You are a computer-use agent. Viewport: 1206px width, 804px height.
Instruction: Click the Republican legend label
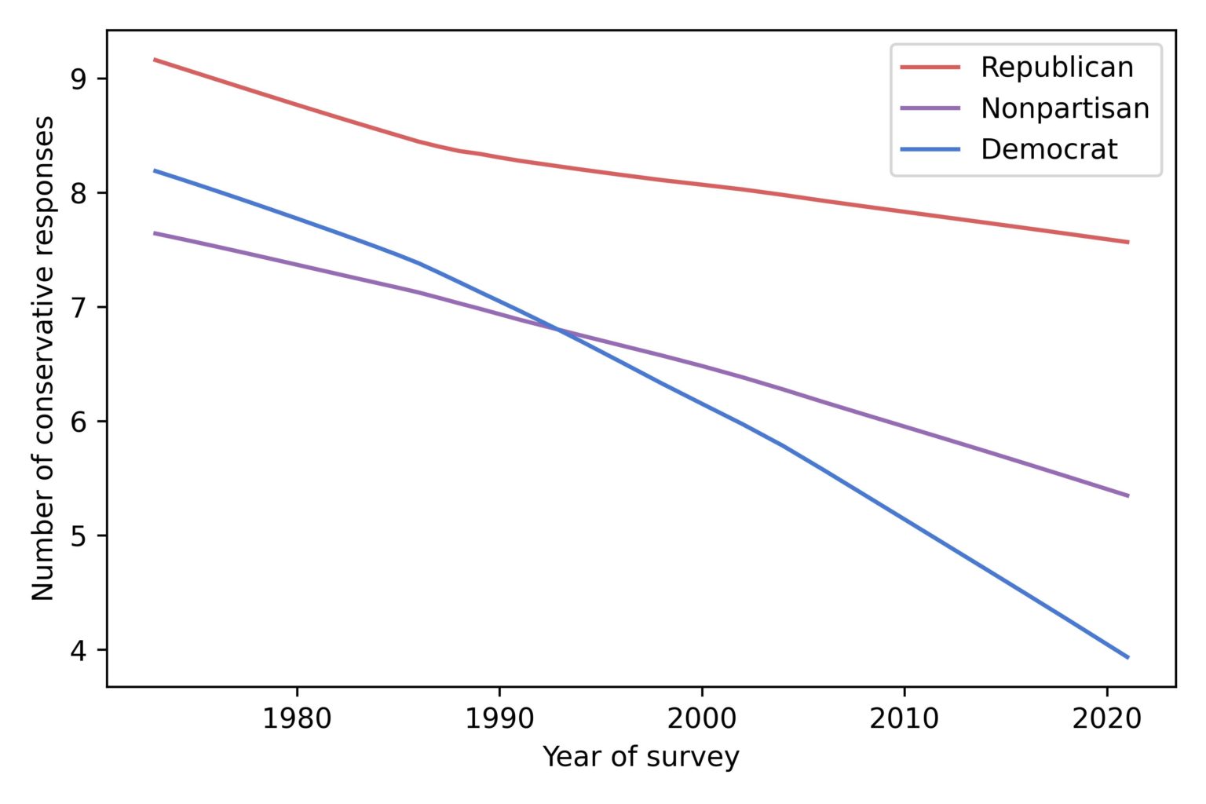[x=1056, y=68]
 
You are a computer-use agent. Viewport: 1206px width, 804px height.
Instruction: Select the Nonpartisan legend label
[x=1065, y=108]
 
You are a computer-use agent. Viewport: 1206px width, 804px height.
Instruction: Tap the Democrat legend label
[x=1048, y=149]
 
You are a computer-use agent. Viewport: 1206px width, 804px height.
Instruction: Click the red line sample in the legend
[x=930, y=68]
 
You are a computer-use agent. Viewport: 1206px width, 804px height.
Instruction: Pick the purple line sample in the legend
[x=930, y=108]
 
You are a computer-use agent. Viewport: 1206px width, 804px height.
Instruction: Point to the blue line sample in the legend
[x=930, y=149]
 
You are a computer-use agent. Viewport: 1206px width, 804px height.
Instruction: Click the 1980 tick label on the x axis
[x=297, y=718]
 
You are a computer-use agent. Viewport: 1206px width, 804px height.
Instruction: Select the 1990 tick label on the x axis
[x=499, y=718]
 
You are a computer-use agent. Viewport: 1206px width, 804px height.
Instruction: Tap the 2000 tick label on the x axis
[x=702, y=718]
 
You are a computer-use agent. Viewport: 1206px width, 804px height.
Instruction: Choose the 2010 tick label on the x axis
[x=904, y=718]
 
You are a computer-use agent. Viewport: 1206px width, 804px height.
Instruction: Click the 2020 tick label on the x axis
[x=1106, y=718]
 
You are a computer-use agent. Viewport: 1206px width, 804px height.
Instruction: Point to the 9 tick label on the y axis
[x=79, y=79]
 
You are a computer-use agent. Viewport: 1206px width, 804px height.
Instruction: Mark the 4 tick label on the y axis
[x=79, y=650]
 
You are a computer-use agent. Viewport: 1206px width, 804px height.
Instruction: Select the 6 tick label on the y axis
[x=79, y=422]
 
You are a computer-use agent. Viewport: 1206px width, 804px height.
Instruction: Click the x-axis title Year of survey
[x=641, y=758]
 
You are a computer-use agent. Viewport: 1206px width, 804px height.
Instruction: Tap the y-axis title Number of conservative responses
[x=44, y=358]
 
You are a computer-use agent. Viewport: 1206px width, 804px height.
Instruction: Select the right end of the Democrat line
[x=1128, y=657]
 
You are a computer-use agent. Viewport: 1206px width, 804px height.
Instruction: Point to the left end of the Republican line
[x=155, y=59]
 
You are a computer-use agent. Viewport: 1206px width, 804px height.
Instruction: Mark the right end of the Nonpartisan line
[x=1128, y=495]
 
